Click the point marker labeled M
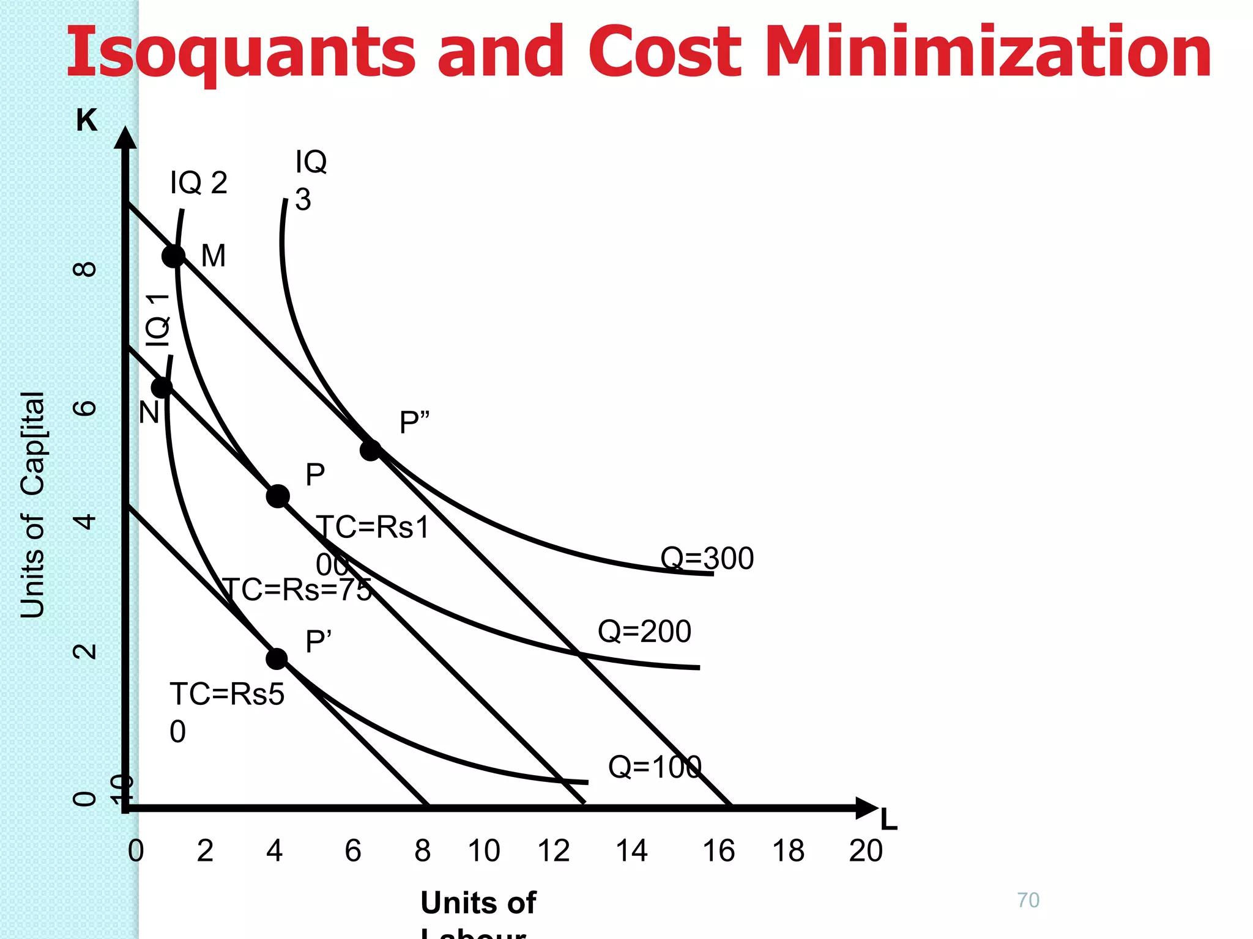pos(174,256)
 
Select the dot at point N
pos(162,387)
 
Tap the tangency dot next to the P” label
pos(370,451)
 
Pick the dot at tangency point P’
pos(277,659)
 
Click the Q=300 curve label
pos(707,558)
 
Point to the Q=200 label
pos(644,631)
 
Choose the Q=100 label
pos(654,767)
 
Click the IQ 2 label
pos(199,183)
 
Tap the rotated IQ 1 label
pos(158,320)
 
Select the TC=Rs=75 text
pos(297,590)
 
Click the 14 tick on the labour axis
pos(631,850)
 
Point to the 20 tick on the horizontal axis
pos(866,850)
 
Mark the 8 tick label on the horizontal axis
pos(422,850)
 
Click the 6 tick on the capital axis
pos(85,408)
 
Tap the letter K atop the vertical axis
pos(86,120)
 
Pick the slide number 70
pos(1028,900)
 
